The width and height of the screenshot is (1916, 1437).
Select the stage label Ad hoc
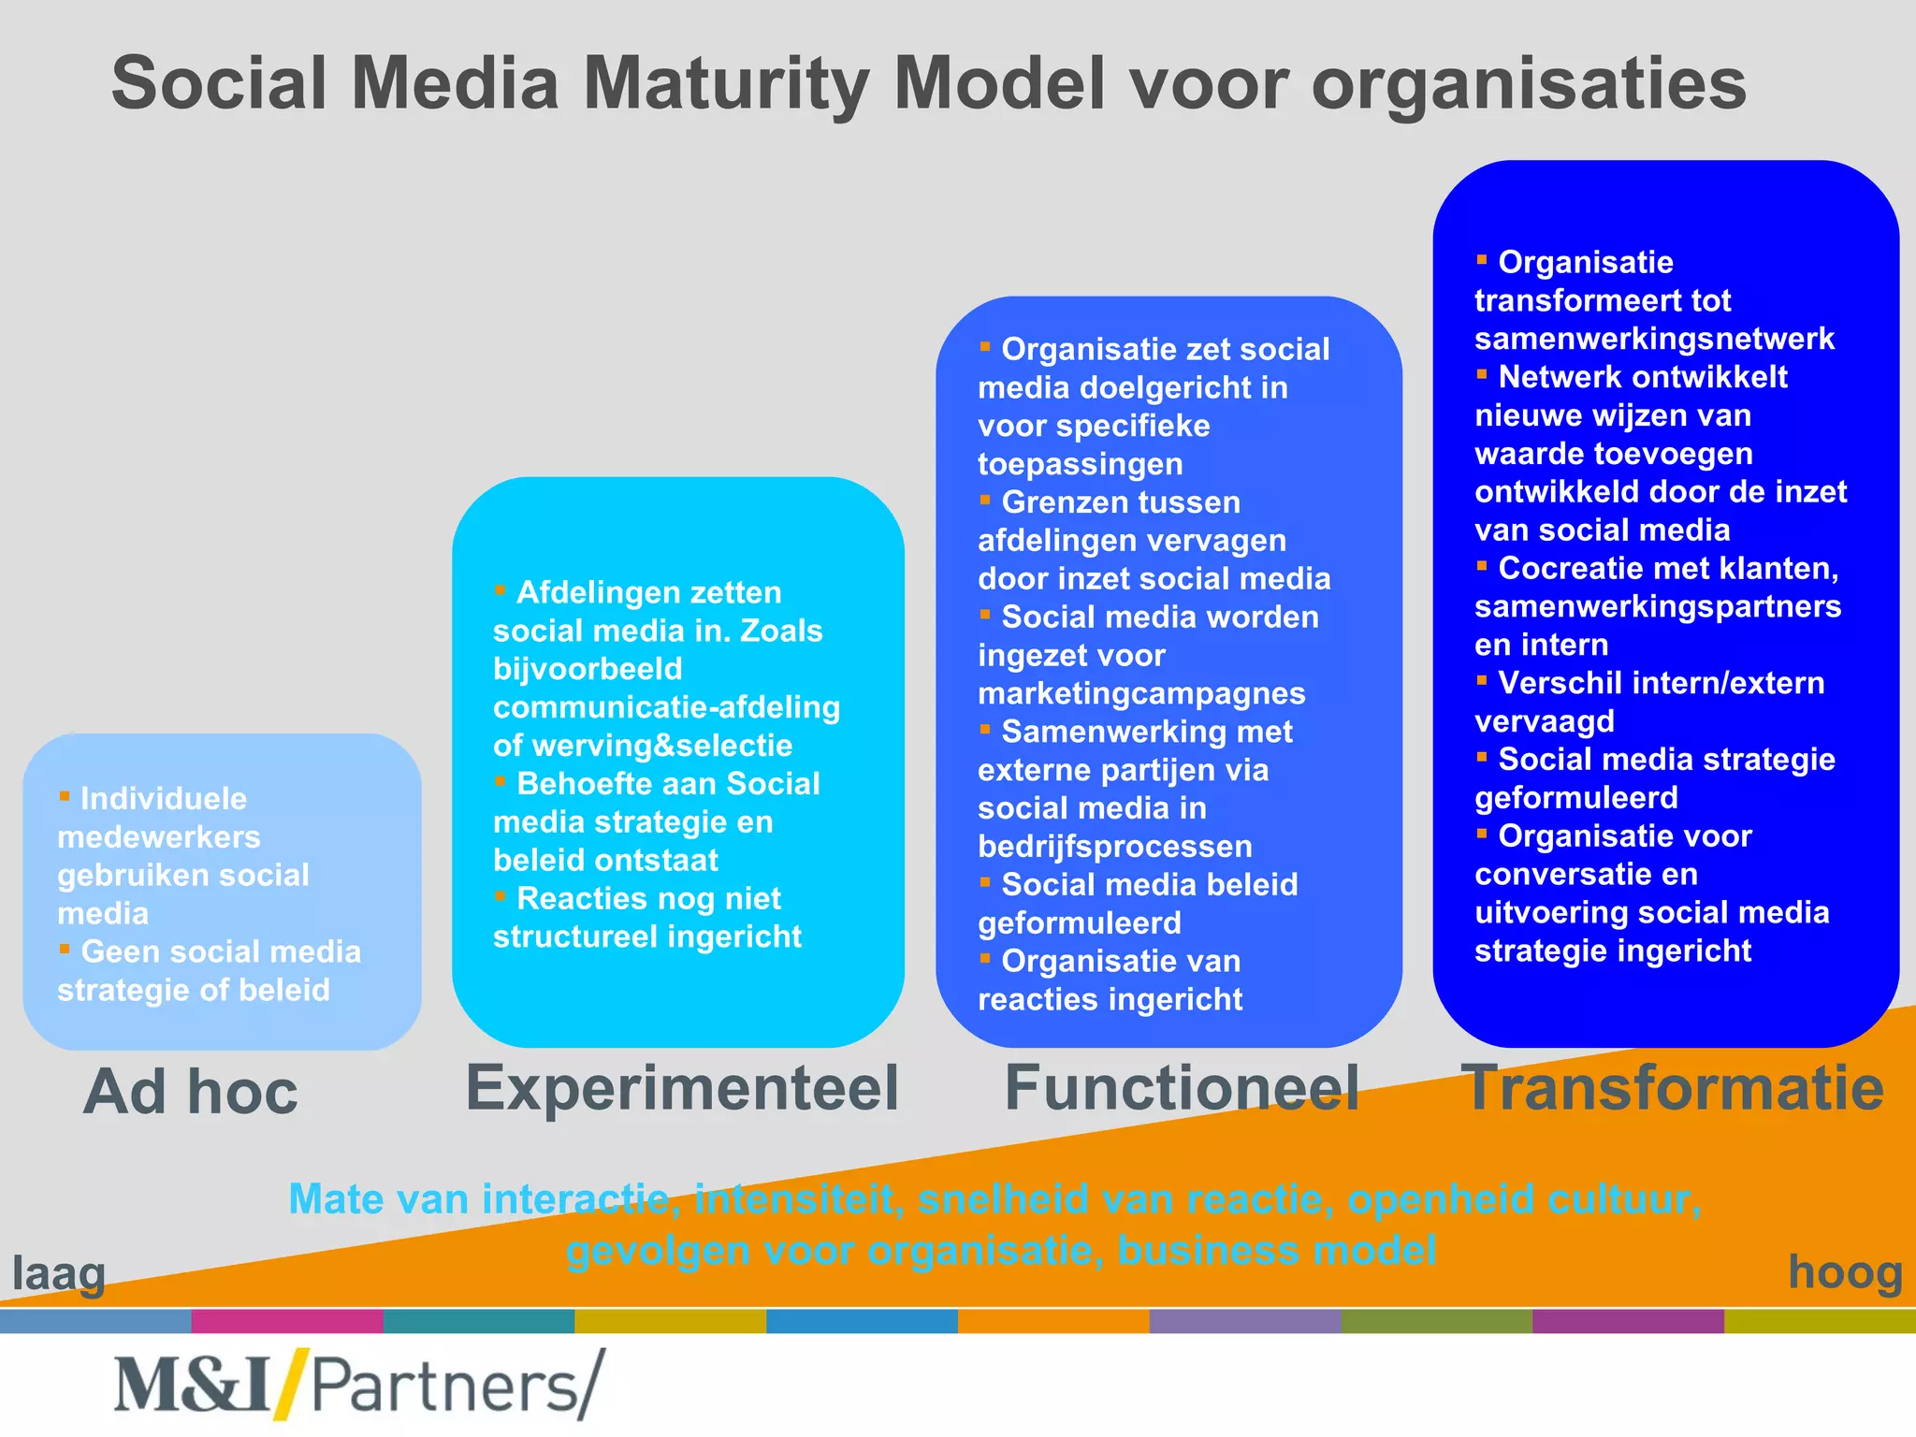pos(190,1092)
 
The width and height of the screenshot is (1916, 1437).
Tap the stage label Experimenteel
pos(682,1088)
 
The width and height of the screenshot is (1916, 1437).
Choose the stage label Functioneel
pos(1182,1088)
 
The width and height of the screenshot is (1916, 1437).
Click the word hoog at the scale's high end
pos(1845,1272)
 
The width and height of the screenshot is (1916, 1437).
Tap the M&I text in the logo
pos(192,1386)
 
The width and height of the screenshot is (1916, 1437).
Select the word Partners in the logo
pos(445,1386)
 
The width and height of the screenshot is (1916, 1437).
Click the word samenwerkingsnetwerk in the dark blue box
pos(1654,339)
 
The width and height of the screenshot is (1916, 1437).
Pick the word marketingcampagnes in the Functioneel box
pos(1141,694)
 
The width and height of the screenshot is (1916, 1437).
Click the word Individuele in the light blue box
pos(164,799)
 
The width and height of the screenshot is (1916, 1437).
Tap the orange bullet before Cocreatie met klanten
pos(1482,566)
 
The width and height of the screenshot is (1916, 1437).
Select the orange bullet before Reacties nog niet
pos(501,896)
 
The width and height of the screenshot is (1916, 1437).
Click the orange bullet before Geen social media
pos(65,949)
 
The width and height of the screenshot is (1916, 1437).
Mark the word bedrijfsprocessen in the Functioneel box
pos(1114,847)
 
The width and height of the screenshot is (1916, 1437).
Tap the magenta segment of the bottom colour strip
pos(287,1321)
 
